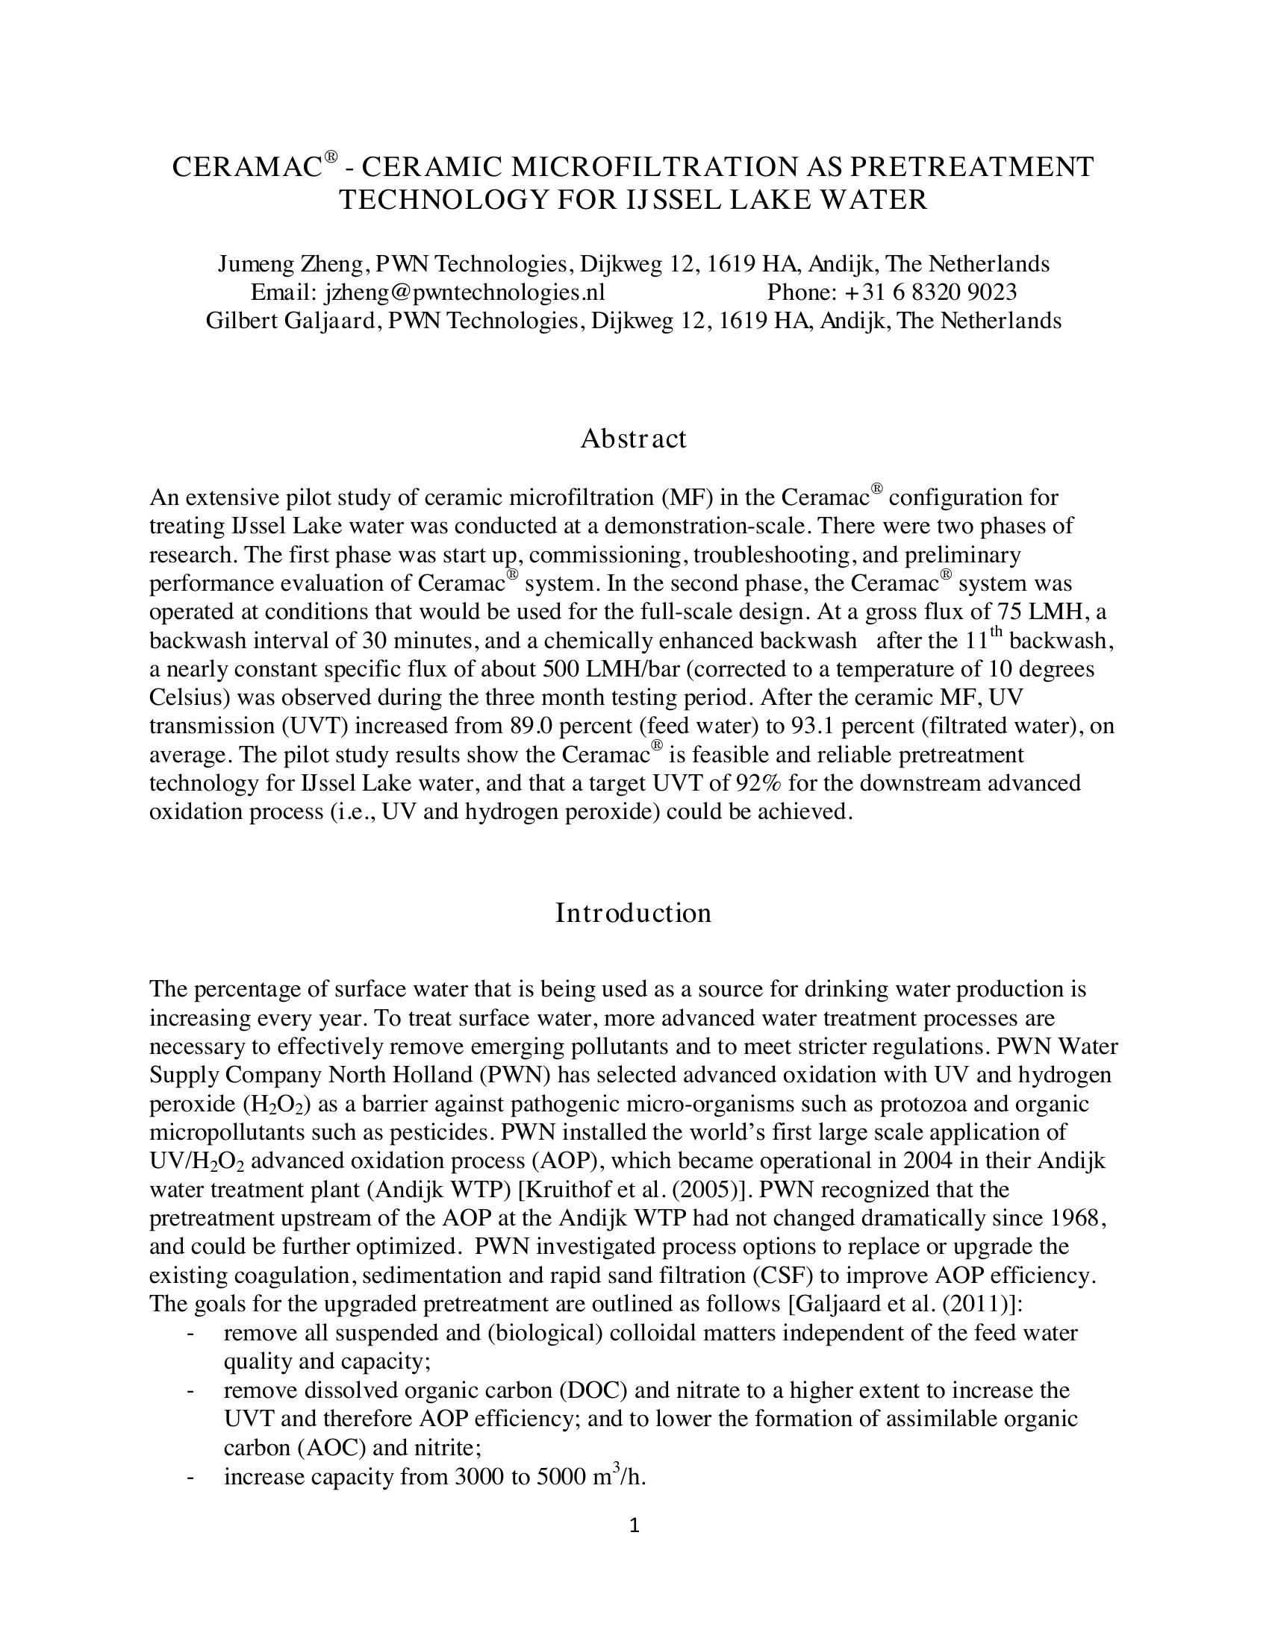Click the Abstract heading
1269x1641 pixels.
click(x=633, y=439)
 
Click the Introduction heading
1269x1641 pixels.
click(x=633, y=913)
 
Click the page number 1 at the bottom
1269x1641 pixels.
click(x=634, y=1525)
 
